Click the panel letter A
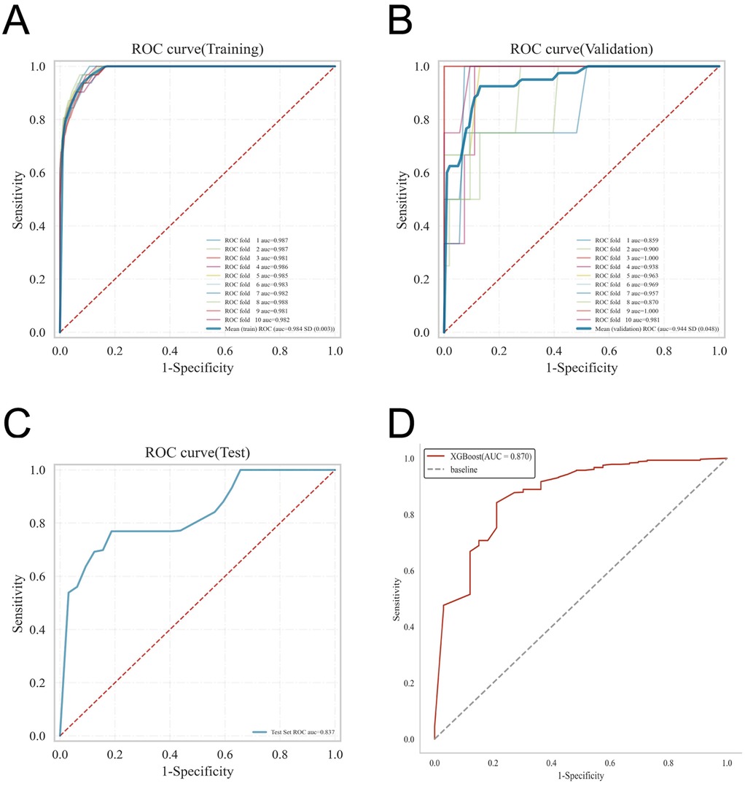click(17, 22)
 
